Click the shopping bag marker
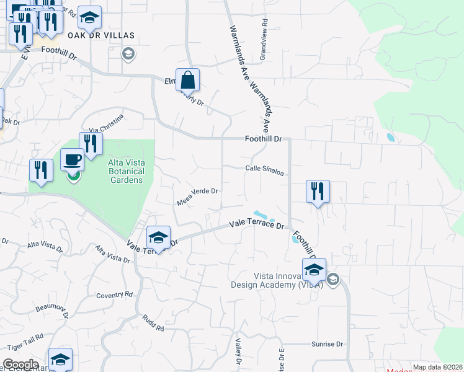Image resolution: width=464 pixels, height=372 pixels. tap(187, 81)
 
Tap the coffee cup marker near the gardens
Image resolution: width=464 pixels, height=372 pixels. tap(72, 160)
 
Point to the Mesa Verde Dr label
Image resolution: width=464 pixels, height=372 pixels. tap(198, 195)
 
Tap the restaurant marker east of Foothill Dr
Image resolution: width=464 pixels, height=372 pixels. tap(318, 191)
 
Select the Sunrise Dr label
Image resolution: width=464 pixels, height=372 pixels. tap(328, 344)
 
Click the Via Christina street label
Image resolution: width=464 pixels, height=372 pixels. tap(106, 123)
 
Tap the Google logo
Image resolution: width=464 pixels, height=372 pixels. tap(20, 364)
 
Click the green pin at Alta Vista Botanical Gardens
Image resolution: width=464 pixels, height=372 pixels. tap(73, 176)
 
